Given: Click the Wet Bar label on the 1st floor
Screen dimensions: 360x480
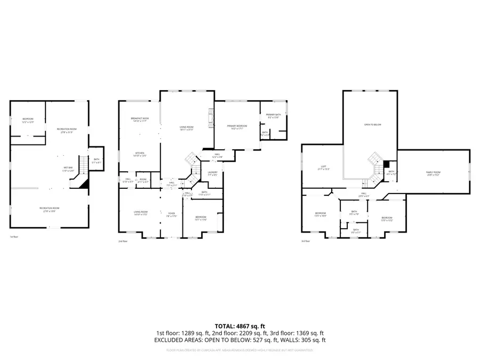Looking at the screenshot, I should tap(68, 169).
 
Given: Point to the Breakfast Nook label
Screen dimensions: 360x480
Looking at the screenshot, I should tap(139, 119).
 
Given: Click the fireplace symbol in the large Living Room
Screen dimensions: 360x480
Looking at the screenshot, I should tap(210, 118).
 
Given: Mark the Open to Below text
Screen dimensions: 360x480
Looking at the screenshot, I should tap(372, 125).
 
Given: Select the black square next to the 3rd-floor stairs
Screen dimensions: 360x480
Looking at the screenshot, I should tap(386, 164).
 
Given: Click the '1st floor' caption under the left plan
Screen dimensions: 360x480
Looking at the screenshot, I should tap(14, 237).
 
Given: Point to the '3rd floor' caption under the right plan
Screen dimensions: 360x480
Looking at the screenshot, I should tap(306, 241).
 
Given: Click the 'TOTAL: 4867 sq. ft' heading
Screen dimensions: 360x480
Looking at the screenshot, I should tap(239, 325).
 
